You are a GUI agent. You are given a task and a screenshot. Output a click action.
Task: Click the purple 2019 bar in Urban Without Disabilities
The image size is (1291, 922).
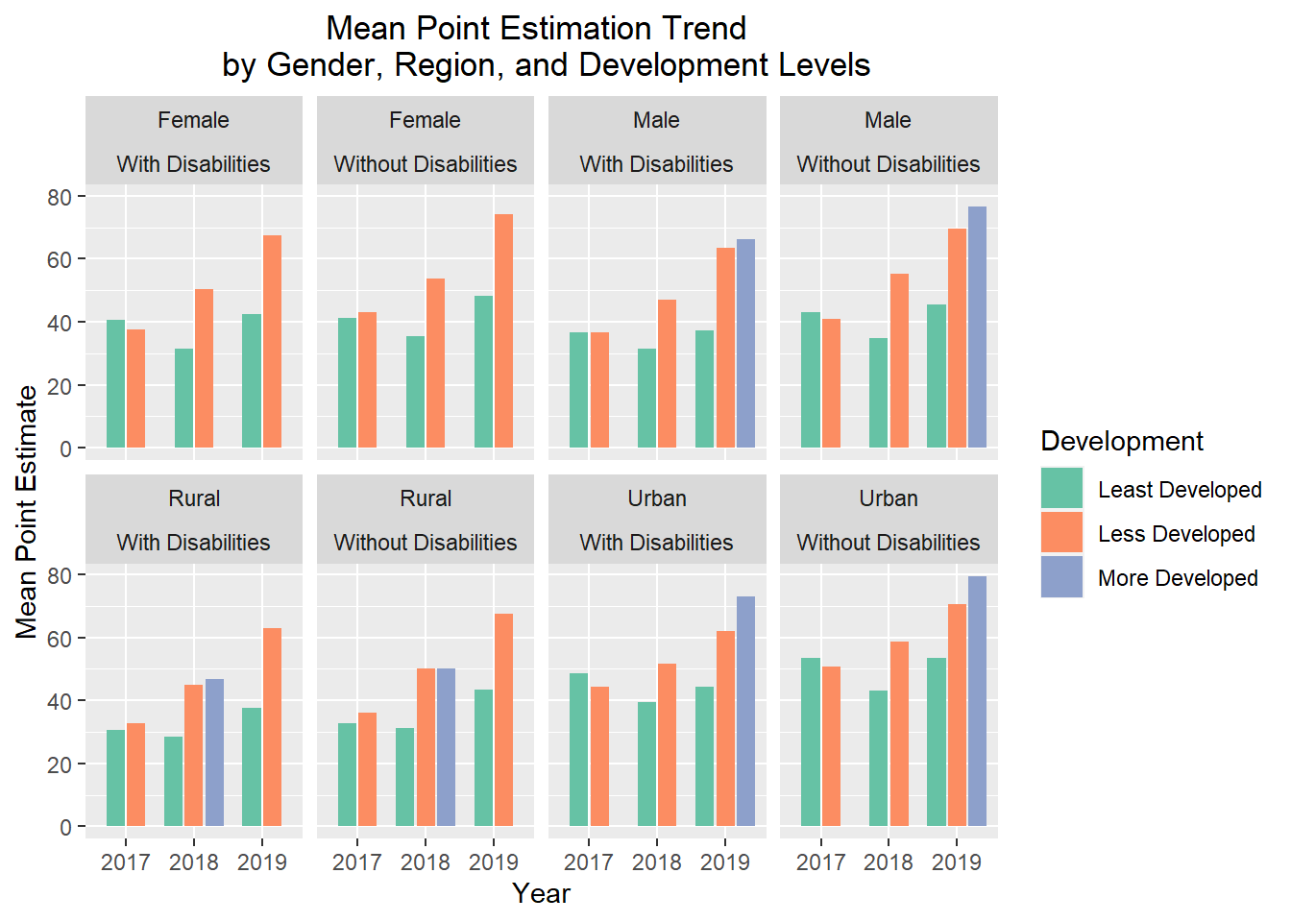coord(977,701)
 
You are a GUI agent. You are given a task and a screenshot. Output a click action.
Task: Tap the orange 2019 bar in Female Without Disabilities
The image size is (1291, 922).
coord(503,330)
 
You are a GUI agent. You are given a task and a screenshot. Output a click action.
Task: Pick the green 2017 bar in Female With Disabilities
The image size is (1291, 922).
coord(115,383)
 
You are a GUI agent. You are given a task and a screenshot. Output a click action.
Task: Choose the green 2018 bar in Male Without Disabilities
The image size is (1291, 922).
coord(878,393)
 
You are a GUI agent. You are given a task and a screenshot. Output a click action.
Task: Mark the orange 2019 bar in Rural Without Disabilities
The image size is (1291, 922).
coord(503,719)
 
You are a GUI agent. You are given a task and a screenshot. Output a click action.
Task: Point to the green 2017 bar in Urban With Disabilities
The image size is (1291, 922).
coord(578,749)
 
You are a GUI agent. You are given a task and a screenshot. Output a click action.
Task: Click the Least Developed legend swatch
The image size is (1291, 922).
coord(1061,489)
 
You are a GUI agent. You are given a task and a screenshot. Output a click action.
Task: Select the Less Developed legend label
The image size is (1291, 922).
coord(1176,534)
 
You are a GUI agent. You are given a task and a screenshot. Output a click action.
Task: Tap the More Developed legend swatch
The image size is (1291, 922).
coord(1061,577)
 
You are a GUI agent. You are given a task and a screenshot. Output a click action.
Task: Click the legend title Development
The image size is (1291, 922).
coord(1121,442)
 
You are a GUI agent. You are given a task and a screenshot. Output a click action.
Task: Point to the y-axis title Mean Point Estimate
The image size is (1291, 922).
coord(27,512)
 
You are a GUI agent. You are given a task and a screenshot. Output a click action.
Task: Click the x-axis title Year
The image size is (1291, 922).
coord(541,893)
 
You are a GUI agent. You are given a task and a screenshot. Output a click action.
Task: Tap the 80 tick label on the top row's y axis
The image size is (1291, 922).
coord(60,197)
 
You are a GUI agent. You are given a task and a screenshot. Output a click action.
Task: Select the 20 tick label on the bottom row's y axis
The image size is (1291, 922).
coord(60,764)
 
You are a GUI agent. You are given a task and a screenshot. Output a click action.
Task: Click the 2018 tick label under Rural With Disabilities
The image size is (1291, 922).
coord(194,862)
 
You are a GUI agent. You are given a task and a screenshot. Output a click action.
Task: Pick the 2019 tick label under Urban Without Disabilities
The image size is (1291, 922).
coord(956,862)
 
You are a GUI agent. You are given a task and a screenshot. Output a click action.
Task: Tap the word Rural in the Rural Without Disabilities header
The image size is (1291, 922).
coord(426,498)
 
